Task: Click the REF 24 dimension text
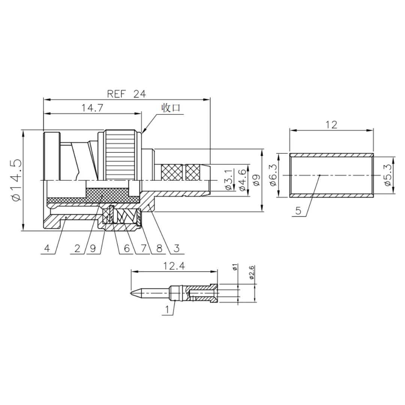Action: [x=126, y=94]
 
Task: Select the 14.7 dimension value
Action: [x=93, y=108]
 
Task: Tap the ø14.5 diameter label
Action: [x=16, y=180]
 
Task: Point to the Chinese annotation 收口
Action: [x=171, y=108]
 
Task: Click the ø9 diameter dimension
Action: [x=256, y=180]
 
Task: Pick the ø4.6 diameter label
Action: [x=243, y=180]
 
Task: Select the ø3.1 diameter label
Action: [x=229, y=180]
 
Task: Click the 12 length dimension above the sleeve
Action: [x=331, y=125]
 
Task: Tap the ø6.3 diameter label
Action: [x=273, y=175]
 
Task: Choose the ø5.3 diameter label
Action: [x=388, y=175]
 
